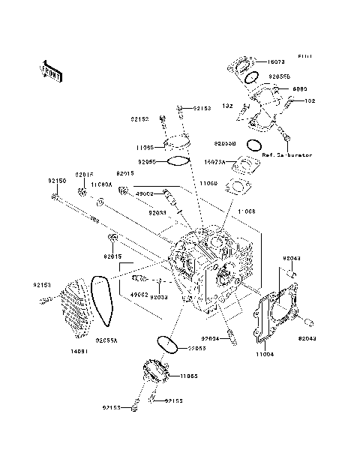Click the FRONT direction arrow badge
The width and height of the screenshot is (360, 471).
coord(52,70)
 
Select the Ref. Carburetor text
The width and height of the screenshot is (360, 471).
coord(287,156)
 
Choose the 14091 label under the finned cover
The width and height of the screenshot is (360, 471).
coord(80,349)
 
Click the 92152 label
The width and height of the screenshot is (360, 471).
coord(140,119)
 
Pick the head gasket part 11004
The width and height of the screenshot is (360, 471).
coord(281,315)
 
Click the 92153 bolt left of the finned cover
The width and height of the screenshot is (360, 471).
coord(45,301)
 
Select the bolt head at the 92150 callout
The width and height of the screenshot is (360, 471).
coord(56,197)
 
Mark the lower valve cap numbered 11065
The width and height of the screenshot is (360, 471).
coord(153,374)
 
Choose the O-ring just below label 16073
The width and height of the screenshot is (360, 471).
coord(252,77)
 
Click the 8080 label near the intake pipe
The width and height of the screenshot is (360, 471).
coord(279,88)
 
